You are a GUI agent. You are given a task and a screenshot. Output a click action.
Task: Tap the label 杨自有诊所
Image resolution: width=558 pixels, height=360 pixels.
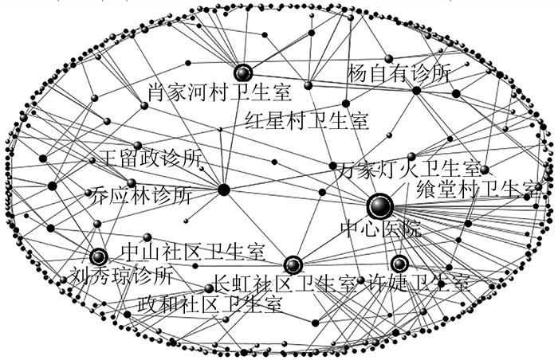[399, 74]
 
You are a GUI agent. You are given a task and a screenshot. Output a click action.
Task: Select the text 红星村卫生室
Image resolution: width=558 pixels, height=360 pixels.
[306, 121]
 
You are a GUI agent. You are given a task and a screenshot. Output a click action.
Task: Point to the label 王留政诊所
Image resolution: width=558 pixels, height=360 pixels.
[150, 157]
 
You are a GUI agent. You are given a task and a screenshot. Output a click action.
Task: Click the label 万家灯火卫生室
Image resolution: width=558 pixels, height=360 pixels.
[407, 170]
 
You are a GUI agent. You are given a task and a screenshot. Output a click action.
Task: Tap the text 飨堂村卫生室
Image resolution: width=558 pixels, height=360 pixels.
[479, 190]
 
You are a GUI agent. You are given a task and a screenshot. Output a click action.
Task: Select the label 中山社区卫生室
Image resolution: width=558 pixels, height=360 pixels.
[192, 252]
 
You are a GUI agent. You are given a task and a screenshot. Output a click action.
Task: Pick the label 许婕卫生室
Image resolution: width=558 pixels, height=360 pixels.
[414, 284]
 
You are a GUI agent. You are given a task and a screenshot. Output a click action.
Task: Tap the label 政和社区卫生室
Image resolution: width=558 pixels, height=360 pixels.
[210, 303]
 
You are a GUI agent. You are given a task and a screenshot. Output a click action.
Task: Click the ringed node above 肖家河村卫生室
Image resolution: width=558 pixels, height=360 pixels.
[242, 71]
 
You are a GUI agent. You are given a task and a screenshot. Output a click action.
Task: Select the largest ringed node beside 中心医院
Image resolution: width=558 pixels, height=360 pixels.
[380, 206]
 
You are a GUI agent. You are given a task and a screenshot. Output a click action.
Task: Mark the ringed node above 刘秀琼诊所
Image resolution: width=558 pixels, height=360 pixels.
[98, 256]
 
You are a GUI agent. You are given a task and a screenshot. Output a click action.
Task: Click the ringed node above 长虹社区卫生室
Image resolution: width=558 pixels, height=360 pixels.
[293, 264]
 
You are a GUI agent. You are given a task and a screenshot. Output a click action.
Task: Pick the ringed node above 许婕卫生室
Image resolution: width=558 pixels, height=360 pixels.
[399, 264]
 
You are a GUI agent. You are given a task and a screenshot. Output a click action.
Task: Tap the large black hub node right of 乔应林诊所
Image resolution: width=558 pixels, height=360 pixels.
[224, 190]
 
